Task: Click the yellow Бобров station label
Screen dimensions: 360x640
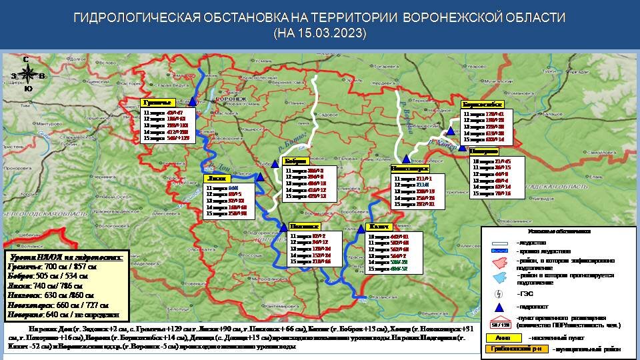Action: click(296, 161)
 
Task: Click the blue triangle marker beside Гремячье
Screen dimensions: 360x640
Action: click(193, 101)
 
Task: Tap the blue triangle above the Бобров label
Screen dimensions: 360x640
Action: click(275, 163)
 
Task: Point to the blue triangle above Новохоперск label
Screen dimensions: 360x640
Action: click(405, 159)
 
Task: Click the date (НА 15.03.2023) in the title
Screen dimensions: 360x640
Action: click(319, 32)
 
